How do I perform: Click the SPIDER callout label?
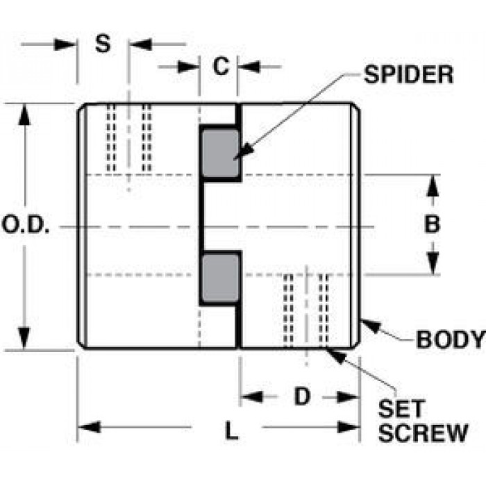[x=408, y=74]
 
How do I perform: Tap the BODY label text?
[x=451, y=340]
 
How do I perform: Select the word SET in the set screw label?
[x=402, y=409]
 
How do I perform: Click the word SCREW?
[x=423, y=433]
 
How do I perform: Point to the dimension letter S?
[x=103, y=43]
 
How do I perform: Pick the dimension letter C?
[x=221, y=66]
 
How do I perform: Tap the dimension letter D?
[x=302, y=396]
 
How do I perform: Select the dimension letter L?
[x=232, y=430]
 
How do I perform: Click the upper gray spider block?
[x=220, y=153]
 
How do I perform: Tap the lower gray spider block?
[x=220, y=278]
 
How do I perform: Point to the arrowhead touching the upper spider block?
[x=244, y=151]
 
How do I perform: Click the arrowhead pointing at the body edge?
[x=371, y=326]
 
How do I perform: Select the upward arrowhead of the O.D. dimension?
[x=24, y=115]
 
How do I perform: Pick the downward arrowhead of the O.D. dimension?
[x=24, y=338]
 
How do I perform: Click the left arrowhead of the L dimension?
[x=90, y=427]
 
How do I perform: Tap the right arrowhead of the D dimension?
[x=348, y=397]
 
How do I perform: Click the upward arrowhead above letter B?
[x=433, y=186]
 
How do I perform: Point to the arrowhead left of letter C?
[x=188, y=67]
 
